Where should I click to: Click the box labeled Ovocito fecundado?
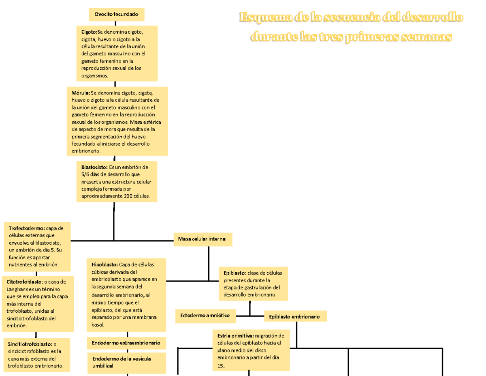[116, 15]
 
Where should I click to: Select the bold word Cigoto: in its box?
[89, 32]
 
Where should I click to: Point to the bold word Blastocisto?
[94, 167]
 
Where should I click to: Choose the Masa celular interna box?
[203, 239]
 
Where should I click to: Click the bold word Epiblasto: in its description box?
[234, 273]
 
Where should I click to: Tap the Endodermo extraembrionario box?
[126, 343]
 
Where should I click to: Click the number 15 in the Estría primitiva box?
[220, 365]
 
